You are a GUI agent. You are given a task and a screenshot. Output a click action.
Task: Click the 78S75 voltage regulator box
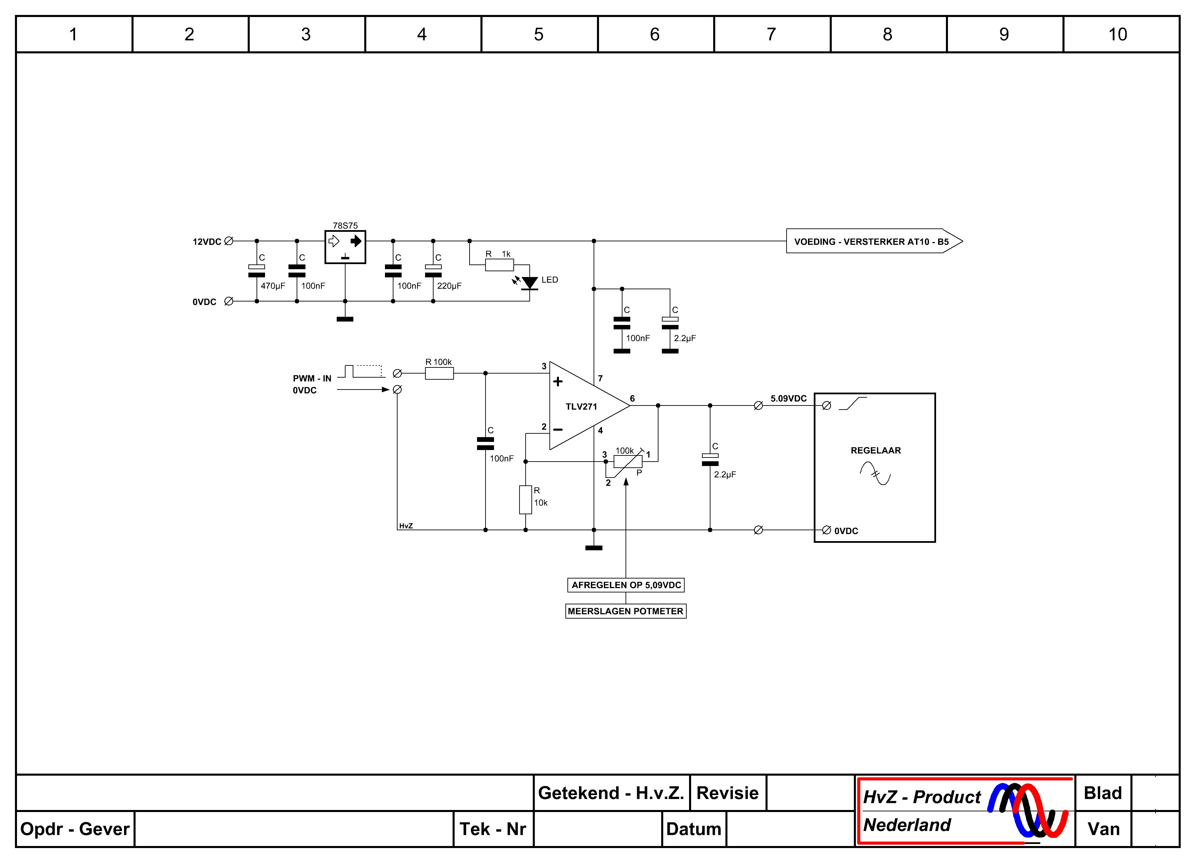click(x=345, y=247)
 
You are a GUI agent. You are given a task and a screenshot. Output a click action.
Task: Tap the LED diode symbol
click(x=529, y=283)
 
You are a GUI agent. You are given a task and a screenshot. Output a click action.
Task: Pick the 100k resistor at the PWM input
click(x=439, y=374)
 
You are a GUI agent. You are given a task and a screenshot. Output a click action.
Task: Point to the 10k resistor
click(x=525, y=500)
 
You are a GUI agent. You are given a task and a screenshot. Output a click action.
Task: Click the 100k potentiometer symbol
click(x=628, y=462)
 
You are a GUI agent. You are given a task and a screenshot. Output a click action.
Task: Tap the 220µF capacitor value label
click(x=449, y=286)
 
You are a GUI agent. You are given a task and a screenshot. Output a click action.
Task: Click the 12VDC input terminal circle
click(x=229, y=241)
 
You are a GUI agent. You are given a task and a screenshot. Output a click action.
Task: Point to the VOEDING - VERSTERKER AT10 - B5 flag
click(x=874, y=241)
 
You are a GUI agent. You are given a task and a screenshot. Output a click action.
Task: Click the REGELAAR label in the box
click(x=875, y=450)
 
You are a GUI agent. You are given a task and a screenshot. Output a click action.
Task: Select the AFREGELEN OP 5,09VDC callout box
click(x=626, y=585)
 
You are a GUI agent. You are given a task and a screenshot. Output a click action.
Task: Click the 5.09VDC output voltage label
click(x=788, y=398)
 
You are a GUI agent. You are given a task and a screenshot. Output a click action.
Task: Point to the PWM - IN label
click(x=312, y=378)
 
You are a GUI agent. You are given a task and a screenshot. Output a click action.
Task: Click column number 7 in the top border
click(x=771, y=34)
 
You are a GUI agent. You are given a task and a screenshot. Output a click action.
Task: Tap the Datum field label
click(x=693, y=829)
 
